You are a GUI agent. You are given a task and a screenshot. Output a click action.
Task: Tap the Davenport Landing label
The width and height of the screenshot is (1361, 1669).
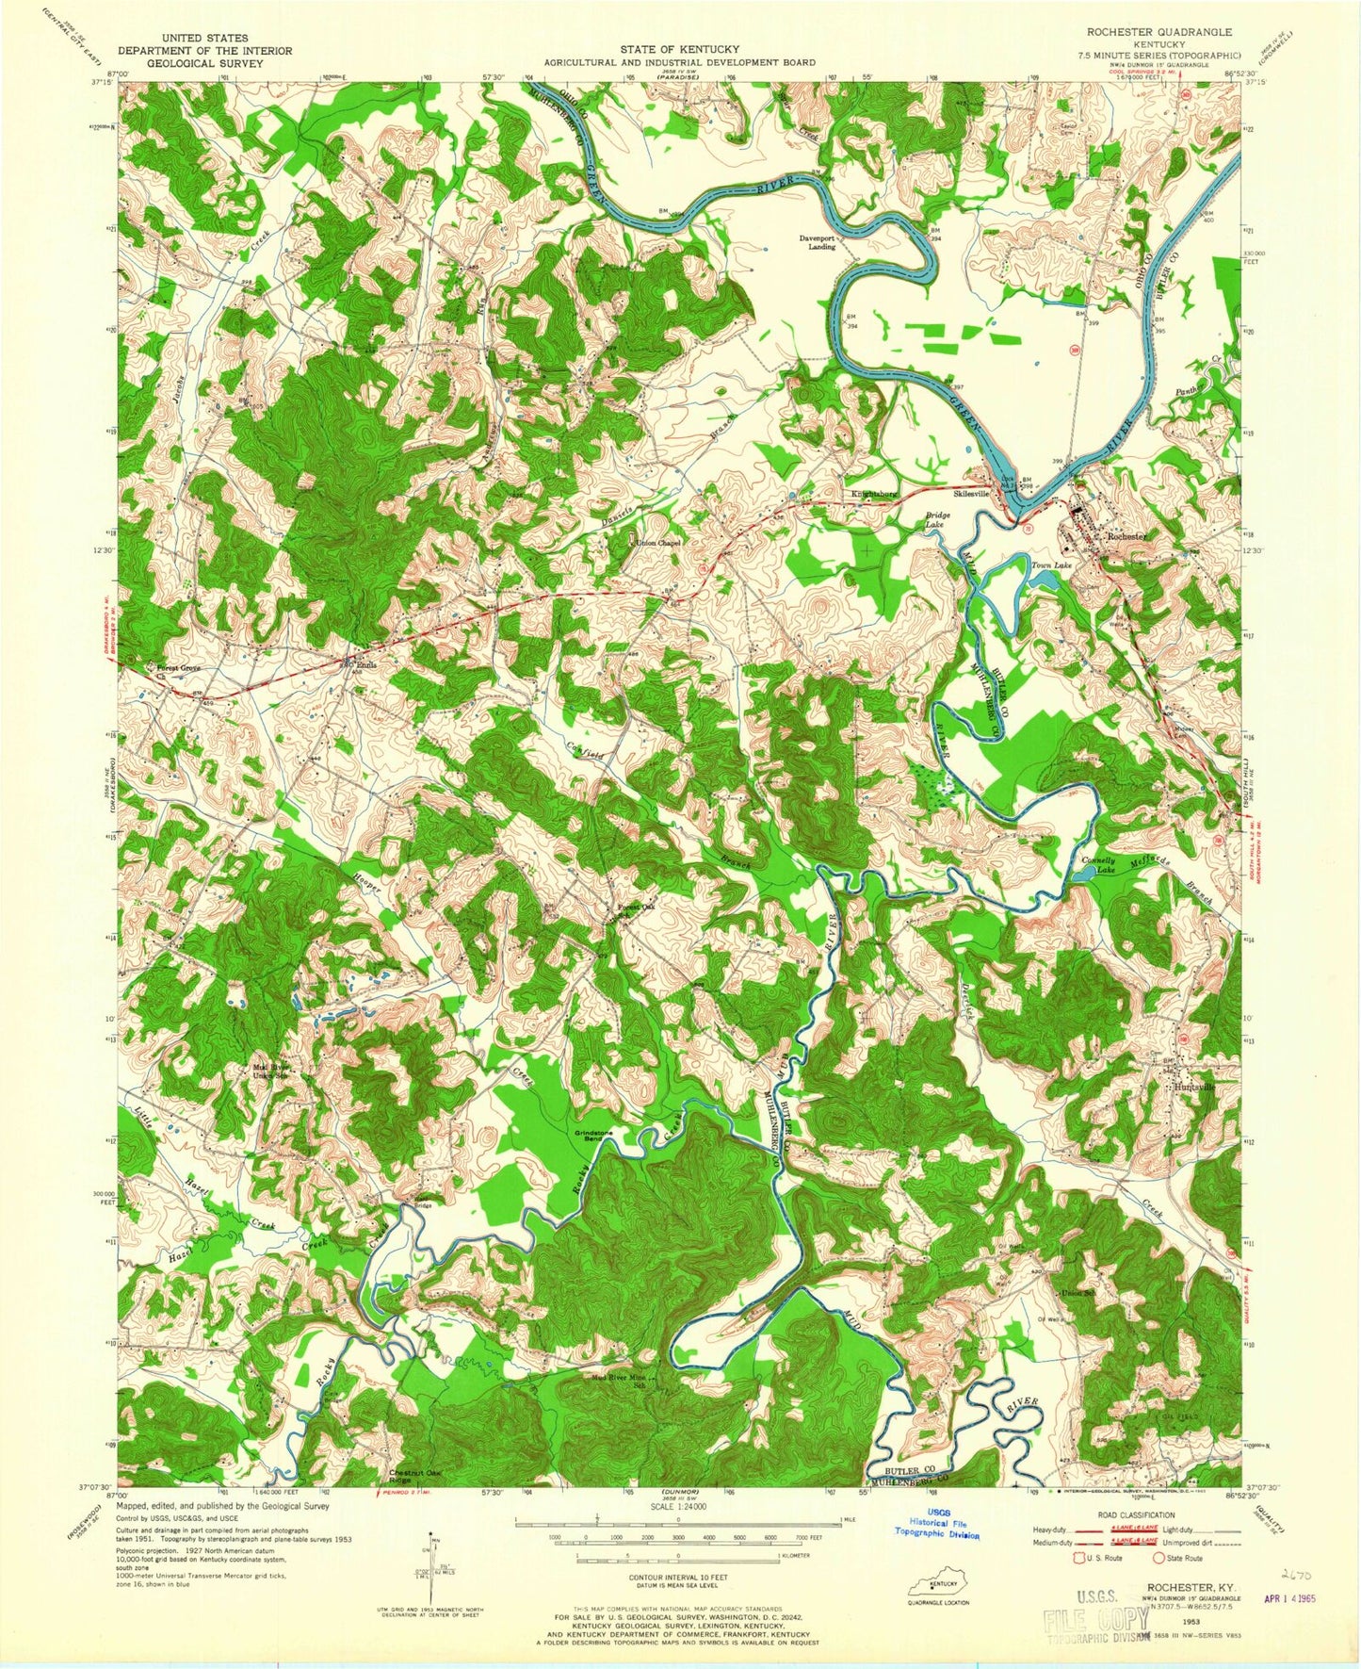818,242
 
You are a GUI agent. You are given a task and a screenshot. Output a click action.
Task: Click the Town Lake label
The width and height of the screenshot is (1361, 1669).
1052,565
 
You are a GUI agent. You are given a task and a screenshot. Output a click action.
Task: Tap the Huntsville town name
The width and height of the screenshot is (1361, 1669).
1194,1086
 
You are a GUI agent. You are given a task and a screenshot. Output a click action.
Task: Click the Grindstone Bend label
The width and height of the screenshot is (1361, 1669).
589,1135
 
